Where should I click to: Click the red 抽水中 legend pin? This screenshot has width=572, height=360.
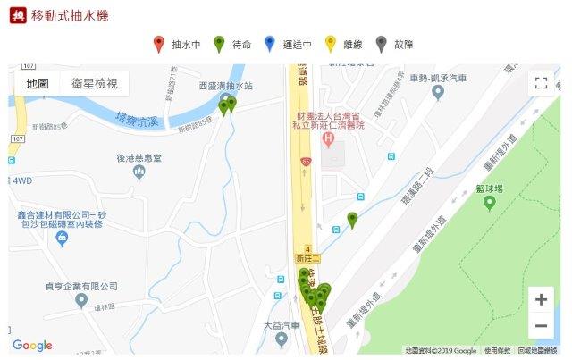point(158,43)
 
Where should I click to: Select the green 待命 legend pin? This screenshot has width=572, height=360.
point(218,43)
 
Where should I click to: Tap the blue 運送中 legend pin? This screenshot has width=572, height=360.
point(270,43)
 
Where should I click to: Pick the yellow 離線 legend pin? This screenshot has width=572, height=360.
point(330,43)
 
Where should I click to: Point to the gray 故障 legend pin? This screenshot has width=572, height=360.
point(382,43)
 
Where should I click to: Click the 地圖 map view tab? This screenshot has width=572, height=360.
point(38,83)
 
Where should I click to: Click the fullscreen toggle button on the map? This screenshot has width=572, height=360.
point(540,83)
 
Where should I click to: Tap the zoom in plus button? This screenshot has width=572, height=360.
point(540,298)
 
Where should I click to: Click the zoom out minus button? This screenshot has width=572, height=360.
point(540,325)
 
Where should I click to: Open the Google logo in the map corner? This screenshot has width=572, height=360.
point(32,346)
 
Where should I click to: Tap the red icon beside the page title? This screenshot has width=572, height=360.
point(16,16)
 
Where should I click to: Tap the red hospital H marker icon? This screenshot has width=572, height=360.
point(328,138)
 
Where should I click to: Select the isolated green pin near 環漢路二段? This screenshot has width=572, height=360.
point(352,219)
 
